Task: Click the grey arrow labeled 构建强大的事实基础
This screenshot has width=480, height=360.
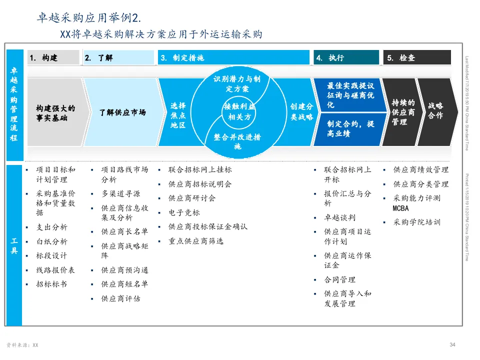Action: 55,112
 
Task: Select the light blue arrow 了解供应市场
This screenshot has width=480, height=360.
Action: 122,112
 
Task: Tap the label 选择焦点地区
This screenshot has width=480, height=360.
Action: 178,115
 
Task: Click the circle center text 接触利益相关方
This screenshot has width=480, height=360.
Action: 239,112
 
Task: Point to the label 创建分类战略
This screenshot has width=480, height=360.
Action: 301,112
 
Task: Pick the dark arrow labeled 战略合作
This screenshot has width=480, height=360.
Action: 435,111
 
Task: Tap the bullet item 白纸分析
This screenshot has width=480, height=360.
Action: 51,241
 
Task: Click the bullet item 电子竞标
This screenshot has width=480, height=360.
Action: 184,212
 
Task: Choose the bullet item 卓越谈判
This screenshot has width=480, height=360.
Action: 340,218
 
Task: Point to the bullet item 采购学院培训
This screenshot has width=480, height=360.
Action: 416,222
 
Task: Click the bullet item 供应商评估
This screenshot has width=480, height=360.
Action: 120,298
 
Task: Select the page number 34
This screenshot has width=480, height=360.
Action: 452,345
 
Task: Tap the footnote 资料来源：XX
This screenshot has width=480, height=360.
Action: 22,345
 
